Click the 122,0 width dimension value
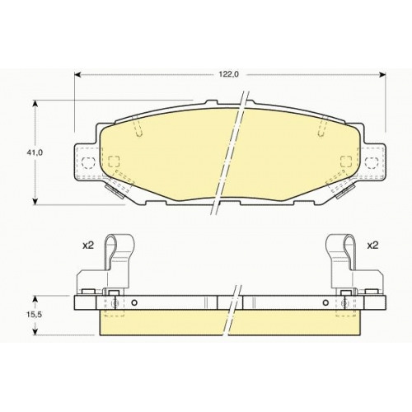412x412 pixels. (x=229, y=74)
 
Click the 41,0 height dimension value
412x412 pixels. (x=35, y=152)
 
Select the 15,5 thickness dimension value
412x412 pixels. (x=34, y=315)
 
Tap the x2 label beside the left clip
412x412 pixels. (x=88, y=246)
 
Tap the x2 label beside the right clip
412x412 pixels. (x=372, y=246)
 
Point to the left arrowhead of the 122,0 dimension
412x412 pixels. (x=77, y=74)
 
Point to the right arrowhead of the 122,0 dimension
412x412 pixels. (x=382, y=74)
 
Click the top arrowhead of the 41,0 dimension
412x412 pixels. (x=35, y=104)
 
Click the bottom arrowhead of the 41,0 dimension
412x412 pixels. (x=35, y=201)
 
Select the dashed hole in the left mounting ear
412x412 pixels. (x=88, y=163)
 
